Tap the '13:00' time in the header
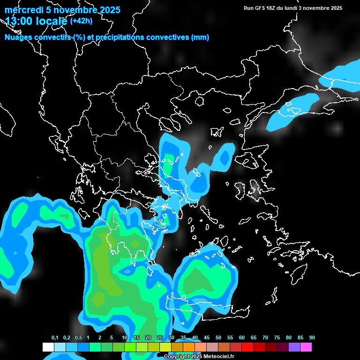[x=20, y=21]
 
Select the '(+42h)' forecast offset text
[x=81, y=21]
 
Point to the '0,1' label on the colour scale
[x=54, y=338]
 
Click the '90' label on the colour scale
[x=312, y=338]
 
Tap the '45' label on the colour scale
[x=206, y=338]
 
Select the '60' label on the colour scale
[x=241, y=338]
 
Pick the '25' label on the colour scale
[x=159, y=338]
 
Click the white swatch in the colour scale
[x=48, y=347]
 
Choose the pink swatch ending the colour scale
[x=306, y=347]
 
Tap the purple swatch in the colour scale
[x=294, y=347]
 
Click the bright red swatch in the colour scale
[x=247, y=347]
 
